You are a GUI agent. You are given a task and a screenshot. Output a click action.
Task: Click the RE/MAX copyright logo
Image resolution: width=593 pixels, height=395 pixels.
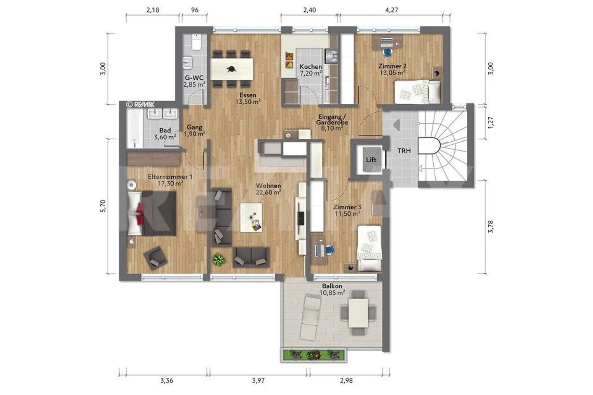(140, 105)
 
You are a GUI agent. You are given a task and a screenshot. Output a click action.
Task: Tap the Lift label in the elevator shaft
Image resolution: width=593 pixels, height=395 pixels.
(371, 160)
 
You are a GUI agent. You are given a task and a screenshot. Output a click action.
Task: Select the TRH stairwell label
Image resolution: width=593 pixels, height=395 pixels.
(404, 151)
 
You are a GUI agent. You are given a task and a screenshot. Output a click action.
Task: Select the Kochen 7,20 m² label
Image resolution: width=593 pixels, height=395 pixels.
(311, 70)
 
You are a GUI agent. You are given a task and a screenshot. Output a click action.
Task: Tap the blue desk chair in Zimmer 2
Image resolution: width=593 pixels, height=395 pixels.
(387, 52)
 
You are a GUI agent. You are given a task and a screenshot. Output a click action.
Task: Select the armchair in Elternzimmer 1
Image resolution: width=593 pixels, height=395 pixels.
(155, 258)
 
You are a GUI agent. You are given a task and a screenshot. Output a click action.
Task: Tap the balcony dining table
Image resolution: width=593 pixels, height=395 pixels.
(358, 312)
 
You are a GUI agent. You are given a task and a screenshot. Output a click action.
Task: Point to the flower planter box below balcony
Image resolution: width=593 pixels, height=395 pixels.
(314, 355)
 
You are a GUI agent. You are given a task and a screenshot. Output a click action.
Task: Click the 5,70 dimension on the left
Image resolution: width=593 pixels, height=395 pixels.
(103, 206)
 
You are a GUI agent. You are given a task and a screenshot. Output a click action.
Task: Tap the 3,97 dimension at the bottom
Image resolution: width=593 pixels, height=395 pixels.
(258, 381)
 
